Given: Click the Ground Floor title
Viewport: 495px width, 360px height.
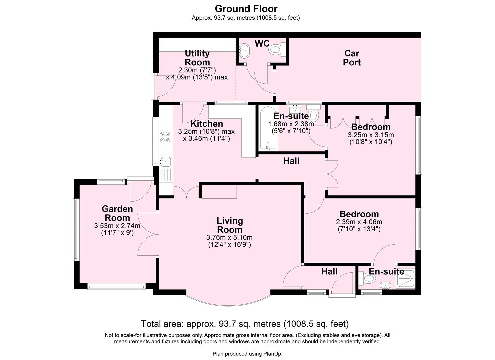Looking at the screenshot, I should [246, 9].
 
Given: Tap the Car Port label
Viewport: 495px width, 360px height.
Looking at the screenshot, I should [352, 58].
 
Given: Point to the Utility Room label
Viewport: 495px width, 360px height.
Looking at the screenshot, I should [197, 58].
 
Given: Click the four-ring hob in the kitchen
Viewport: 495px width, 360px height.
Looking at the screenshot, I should [166, 137].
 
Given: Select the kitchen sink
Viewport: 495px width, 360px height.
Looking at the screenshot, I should [165, 161].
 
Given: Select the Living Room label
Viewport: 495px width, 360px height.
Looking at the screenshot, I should [230, 225].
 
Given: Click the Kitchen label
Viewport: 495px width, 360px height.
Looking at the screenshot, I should [207, 124].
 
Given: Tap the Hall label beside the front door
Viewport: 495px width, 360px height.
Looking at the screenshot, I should [329, 271].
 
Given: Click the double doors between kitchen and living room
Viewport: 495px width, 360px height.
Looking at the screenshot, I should [186, 193].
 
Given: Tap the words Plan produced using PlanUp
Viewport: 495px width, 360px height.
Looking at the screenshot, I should [247, 354].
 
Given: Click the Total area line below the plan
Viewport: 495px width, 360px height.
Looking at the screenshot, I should [245, 324].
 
